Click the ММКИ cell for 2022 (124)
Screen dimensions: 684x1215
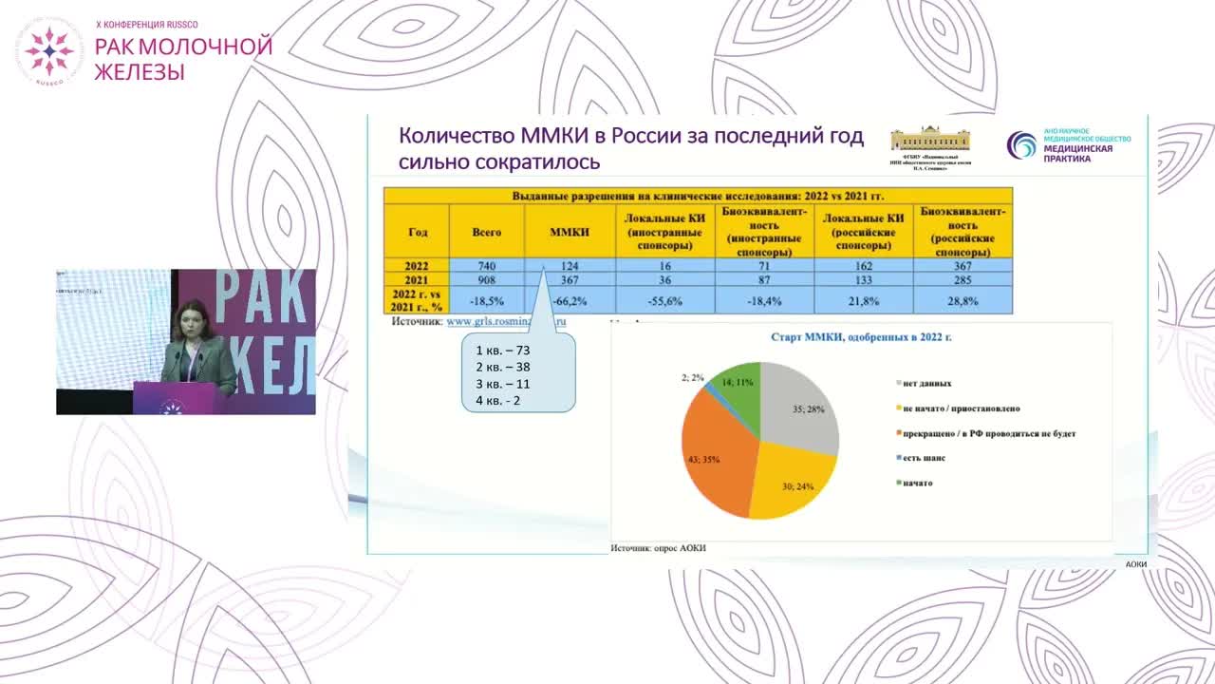pyautogui.click(x=570, y=266)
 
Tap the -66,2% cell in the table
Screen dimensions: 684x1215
pyautogui.click(x=570, y=300)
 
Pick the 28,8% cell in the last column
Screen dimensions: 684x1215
pyautogui.click(x=963, y=300)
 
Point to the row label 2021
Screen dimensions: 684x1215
pyautogui.click(x=418, y=281)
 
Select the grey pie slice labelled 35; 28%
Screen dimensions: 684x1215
pyautogui.click(x=802, y=408)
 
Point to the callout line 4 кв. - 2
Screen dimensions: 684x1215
pyautogui.click(x=498, y=401)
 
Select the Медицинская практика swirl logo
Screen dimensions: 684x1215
pyautogui.click(x=1022, y=145)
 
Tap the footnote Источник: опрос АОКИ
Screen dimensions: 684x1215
pyautogui.click(x=658, y=548)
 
